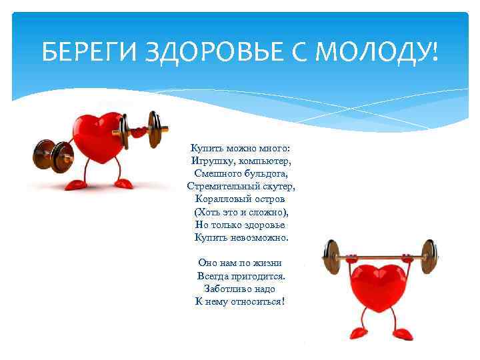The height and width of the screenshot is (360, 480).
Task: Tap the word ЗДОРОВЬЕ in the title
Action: coord(207,51)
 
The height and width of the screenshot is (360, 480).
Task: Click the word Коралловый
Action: coord(221,199)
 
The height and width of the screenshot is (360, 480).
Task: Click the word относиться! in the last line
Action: coord(256,301)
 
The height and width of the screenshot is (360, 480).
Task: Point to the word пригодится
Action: coord(256,276)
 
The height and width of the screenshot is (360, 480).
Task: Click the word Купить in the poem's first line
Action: coord(206,148)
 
